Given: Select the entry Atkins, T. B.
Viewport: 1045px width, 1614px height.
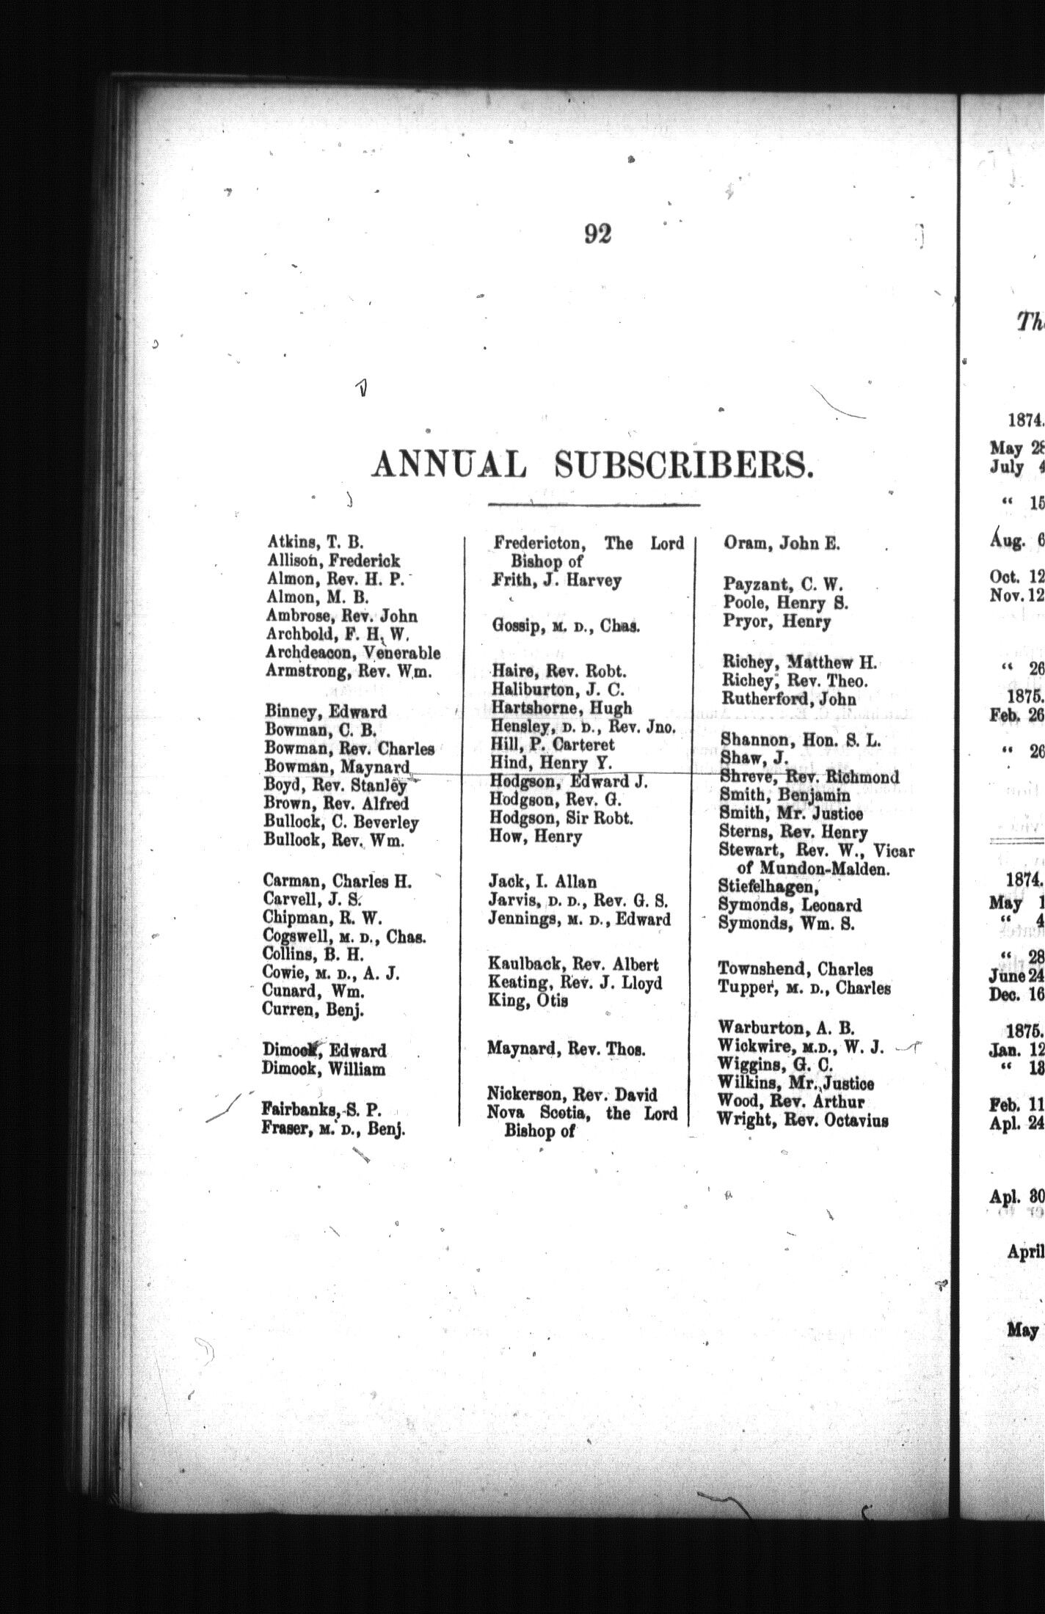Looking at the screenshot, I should [x=316, y=543].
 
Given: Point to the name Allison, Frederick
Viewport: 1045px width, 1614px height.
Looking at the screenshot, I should [x=334, y=561].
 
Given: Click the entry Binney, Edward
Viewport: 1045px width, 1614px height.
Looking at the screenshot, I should [x=327, y=711].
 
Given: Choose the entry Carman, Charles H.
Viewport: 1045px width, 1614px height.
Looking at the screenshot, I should [x=338, y=880].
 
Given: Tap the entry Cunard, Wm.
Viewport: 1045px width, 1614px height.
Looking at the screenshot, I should [x=313, y=990].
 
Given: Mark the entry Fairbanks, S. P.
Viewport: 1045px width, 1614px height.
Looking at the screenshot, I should [x=321, y=1110].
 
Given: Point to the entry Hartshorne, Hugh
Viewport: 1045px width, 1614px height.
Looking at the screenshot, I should [x=561, y=708].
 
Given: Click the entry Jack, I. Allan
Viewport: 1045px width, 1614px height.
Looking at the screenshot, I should [x=542, y=881].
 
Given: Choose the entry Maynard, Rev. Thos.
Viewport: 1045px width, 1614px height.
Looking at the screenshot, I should [x=566, y=1049].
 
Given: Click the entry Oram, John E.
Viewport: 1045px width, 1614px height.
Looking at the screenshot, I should [x=782, y=544].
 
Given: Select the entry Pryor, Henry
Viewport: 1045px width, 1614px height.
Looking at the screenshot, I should [x=776, y=621].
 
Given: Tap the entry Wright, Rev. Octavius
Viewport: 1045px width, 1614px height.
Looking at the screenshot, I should [x=803, y=1120].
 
